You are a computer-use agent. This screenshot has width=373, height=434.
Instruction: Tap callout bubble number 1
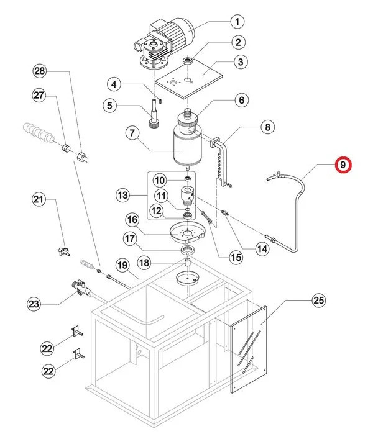(236, 23)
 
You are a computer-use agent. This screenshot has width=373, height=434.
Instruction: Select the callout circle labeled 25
(318, 301)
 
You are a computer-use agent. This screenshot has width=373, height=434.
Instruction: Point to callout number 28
(40, 72)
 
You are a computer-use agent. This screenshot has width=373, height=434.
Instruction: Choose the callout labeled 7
(132, 132)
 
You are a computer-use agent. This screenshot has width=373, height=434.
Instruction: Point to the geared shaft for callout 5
(151, 114)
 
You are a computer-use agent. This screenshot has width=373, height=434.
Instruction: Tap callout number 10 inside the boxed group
(160, 181)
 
